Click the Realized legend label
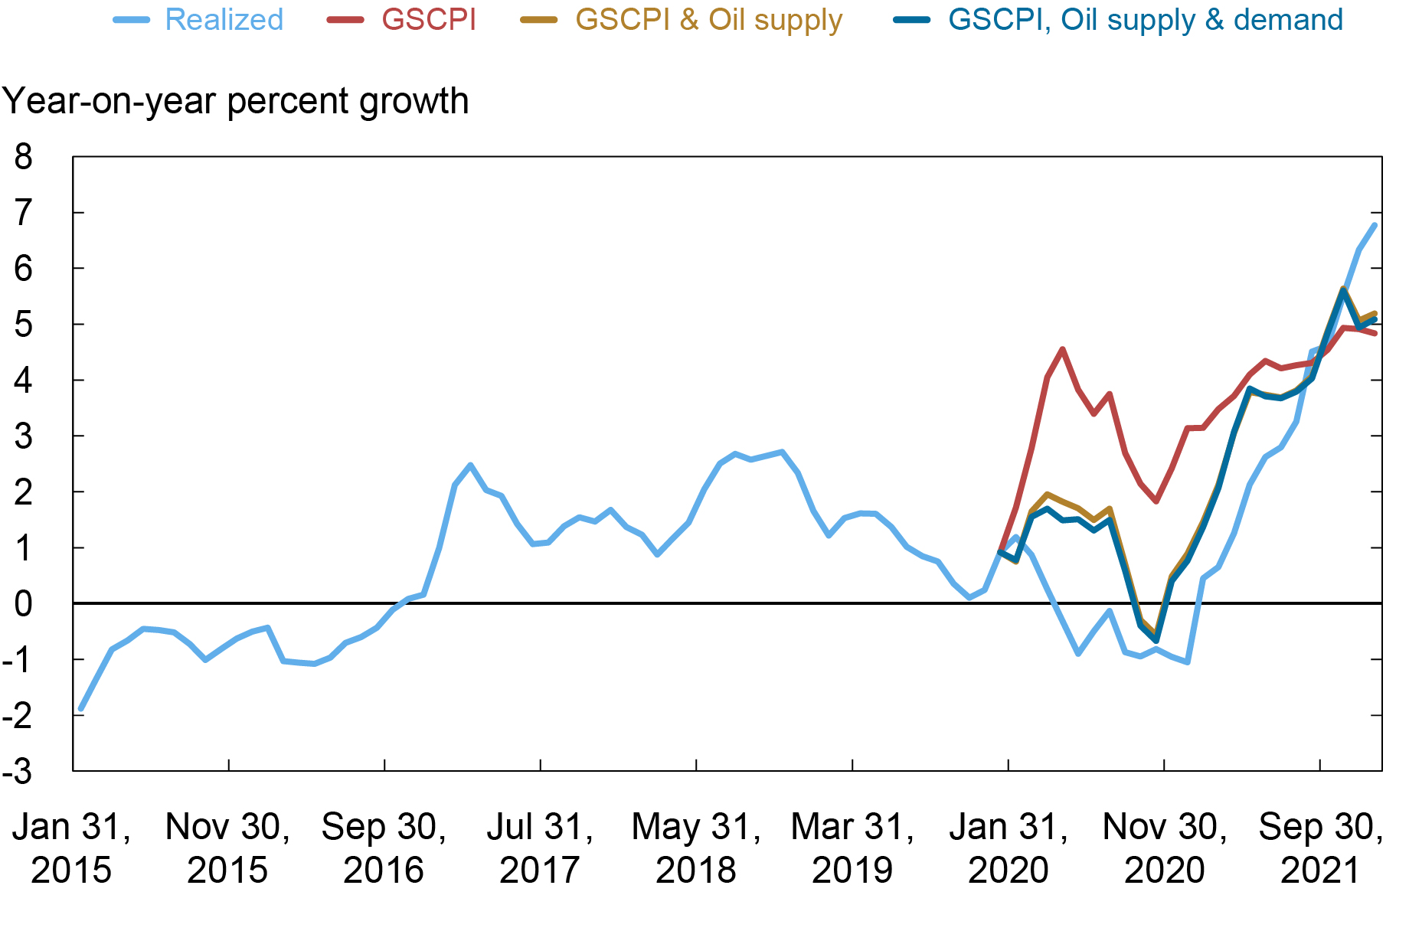[224, 20]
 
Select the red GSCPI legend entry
[428, 20]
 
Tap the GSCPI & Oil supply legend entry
[708, 20]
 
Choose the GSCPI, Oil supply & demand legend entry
[1145, 20]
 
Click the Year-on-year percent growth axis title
[235, 101]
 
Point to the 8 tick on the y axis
[24, 157]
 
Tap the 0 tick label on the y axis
[24, 604]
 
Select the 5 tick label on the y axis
[24, 325]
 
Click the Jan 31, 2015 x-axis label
[71, 848]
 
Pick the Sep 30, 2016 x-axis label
[384, 848]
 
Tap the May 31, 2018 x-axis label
[696, 848]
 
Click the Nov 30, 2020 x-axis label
[1164, 848]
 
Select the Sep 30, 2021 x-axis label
[1320, 848]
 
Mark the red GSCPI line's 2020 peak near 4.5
[1062, 349]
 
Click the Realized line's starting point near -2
[80, 709]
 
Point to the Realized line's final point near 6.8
[1375, 225]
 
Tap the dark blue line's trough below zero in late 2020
[1156, 640]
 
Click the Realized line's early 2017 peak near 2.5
[470, 465]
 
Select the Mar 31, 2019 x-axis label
[852, 848]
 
